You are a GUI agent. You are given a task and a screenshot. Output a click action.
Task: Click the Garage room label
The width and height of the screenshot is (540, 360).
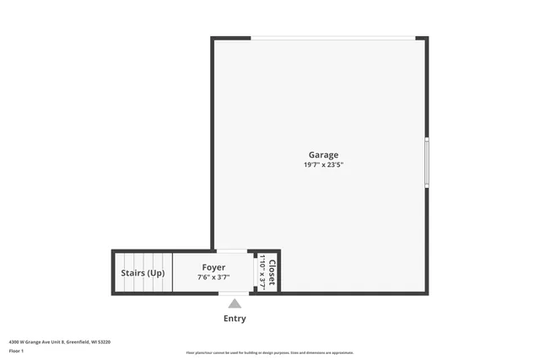tap(323, 154)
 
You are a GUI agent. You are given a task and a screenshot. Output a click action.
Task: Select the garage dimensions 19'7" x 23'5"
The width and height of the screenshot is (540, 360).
tap(323, 165)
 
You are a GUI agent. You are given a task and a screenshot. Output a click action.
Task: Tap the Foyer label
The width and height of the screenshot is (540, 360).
tap(213, 267)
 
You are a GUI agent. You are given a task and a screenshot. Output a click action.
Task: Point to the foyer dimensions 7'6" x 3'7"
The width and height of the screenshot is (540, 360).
tap(213, 277)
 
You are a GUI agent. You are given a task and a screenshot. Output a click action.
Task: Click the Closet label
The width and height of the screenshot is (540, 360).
tap(272, 271)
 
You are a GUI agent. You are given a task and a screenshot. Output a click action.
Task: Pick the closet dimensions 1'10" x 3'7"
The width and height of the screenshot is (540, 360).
tap(262, 271)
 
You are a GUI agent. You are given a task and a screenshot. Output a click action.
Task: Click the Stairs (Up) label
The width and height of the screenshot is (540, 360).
tap(143, 272)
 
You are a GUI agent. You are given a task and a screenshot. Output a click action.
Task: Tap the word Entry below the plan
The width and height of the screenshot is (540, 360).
tap(235, 319)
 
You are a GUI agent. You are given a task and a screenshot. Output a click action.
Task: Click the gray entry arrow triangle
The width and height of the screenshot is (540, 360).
tap(235, 304)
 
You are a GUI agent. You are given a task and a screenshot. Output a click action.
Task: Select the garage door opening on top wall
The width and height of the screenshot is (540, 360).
tap(333, 38)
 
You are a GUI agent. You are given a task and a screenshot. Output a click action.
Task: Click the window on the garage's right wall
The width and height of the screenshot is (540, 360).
tap(427, 162)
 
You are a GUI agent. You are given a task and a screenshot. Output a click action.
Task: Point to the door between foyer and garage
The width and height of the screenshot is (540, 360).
tap(232, 251)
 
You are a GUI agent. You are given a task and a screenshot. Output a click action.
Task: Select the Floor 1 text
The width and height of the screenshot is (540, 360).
tap(16, 350)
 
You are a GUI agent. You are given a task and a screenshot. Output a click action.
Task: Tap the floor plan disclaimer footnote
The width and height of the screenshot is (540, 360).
tap(270, 352)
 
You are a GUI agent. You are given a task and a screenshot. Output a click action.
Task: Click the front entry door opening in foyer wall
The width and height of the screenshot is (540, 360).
tap(235, 293)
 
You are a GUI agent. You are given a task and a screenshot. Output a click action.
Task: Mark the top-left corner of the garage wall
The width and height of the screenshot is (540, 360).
tap(213, 38)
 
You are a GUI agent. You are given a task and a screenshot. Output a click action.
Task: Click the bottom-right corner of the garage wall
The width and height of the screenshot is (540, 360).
tap(427, 293)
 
